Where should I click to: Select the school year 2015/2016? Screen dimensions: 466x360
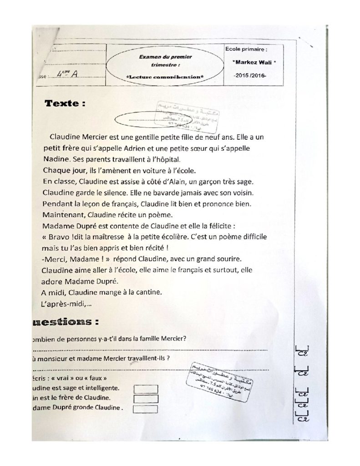(x=248, y=74)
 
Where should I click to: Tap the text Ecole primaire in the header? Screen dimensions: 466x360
(x=246, y=48)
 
